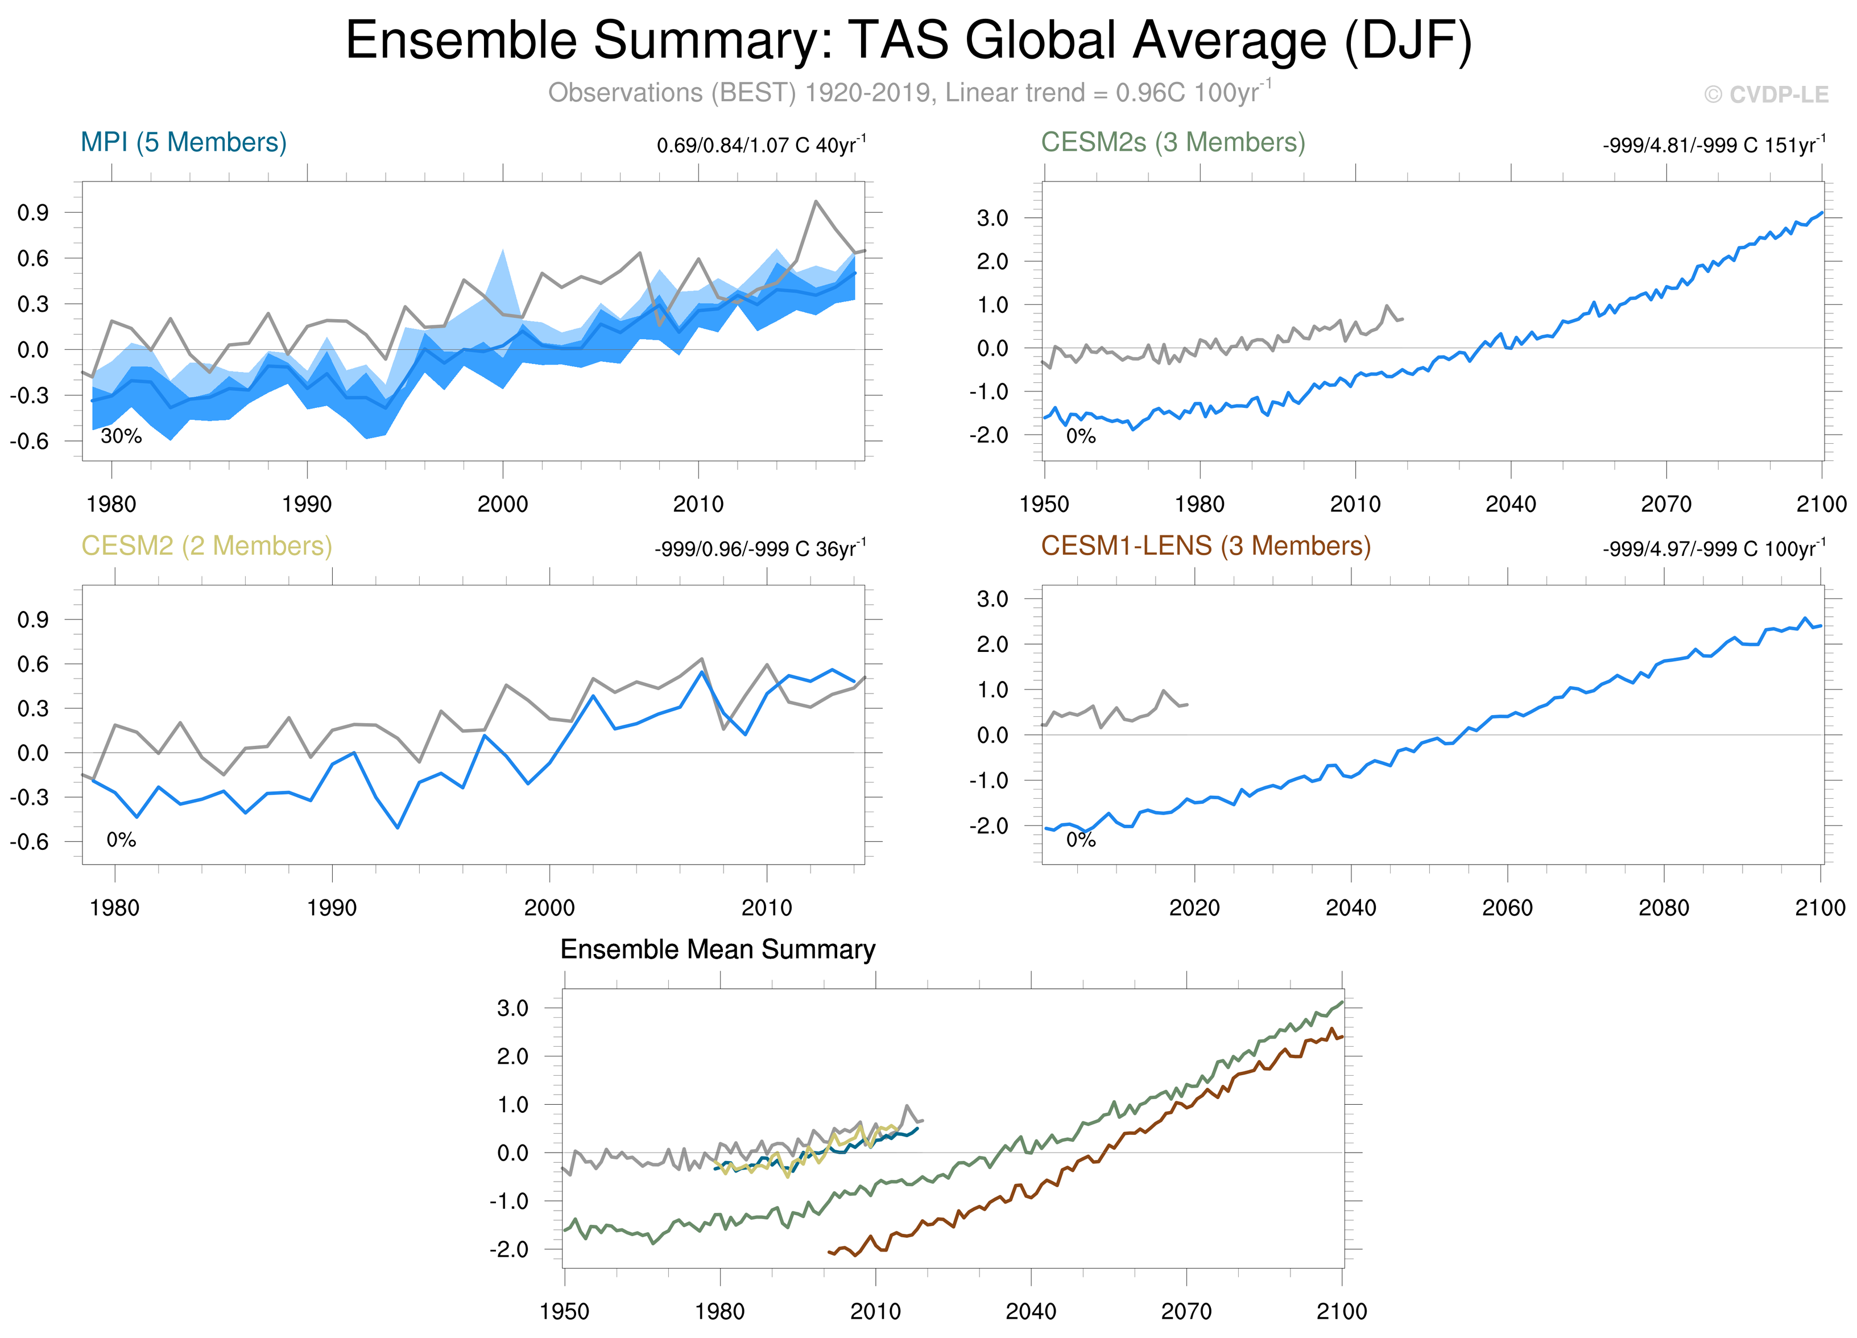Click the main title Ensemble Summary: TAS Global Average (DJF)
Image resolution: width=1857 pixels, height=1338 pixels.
(x=909, y=41)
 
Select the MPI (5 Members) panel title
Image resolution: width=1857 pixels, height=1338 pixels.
(x=183, y=142)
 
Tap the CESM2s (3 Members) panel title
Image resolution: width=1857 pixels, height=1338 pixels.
(x=1172, y=142)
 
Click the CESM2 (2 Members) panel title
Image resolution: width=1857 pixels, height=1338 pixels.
(x=206, y=546)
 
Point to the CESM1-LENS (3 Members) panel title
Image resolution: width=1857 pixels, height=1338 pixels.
(x=1205, y=546)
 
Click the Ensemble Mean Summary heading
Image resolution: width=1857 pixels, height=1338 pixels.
(x=717, y=950)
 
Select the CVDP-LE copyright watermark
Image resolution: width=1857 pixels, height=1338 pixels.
(x=1766, y=95)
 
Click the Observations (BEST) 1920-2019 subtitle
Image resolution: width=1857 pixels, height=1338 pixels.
(x=909, y=93)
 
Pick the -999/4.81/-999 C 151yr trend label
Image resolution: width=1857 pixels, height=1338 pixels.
(x=1714, y=146)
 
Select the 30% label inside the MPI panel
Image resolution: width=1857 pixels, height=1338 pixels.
(x=121, y=436)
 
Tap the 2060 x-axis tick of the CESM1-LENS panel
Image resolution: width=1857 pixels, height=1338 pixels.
(x=1507, y=908)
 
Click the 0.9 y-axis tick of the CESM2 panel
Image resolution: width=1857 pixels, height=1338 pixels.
(x=33, y=620)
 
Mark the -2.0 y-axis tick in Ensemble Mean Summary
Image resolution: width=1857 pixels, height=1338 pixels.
(x=508, y=1250)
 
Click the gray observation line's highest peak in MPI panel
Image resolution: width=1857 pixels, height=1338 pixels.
(x=816, y=201)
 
